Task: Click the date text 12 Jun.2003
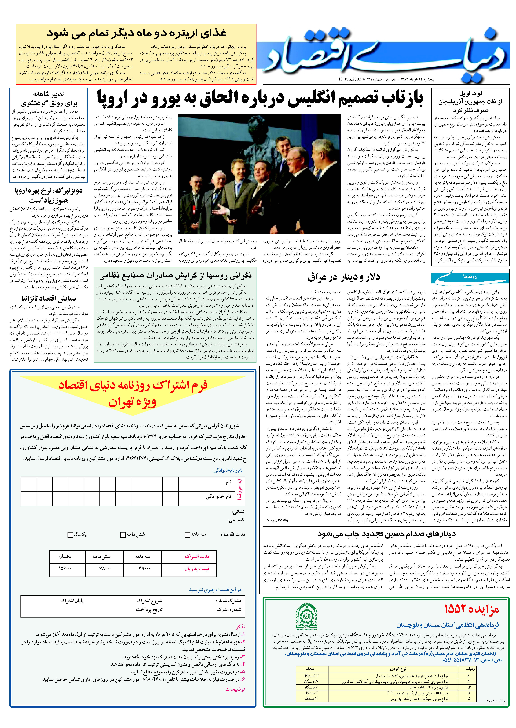point(349,79)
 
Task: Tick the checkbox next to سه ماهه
point(187,534)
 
